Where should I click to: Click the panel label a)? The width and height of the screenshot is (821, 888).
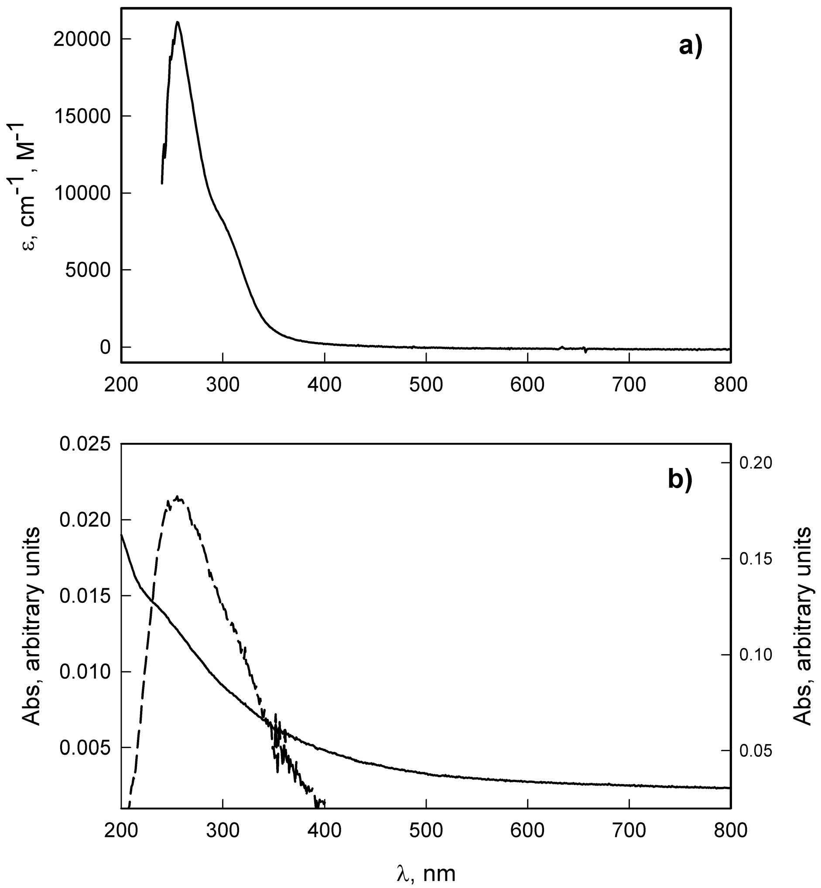click(691, 46)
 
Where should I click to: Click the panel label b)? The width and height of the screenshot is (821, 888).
click(680, 481)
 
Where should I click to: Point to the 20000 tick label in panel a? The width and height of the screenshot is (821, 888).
click(81, 40)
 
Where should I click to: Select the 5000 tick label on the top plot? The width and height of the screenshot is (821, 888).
click(88, 270)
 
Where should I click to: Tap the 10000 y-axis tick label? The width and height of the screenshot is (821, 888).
click(81, 193)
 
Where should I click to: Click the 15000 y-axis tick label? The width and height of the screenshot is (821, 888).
click(81, 116)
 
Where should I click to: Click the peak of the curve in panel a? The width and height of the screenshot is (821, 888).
click(178, 22)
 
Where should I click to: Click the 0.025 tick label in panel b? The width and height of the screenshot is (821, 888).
click(86, 444)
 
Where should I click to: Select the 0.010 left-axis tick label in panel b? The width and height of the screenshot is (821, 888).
click(86, 672)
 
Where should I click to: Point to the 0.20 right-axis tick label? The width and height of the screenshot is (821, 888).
click(756, 463)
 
